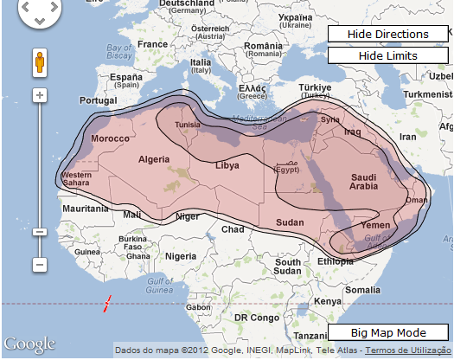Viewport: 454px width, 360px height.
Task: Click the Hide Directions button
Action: (x=388, y=35)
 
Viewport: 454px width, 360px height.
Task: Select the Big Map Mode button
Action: (x=388, y=333)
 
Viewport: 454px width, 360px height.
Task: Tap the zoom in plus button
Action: (x=39, y=94)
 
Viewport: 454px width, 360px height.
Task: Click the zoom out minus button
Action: (x=39, y=263)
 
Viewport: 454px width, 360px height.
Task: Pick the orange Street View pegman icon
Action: (x=39, y=63)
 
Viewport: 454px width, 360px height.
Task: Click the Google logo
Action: (x=29, y=344)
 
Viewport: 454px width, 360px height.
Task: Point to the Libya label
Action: (x=227, y=165)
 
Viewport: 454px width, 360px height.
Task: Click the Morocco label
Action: (x=110, y=138)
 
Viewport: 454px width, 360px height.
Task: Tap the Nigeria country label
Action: (x=181, y=256)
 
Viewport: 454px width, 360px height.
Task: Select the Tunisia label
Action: (x=188, y=125)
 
